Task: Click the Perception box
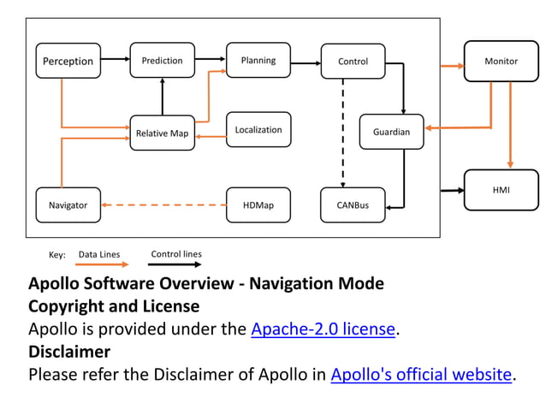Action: click(x=68, y=61)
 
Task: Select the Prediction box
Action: click(x=162, y=60)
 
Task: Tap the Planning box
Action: click(x=258, y=60)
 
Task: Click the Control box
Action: click(x=353, y=61)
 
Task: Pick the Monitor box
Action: click(x=501, y=61)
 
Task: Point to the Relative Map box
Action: click(x=162, y=133)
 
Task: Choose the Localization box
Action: click(x=258, y=130)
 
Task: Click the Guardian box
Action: click(x=391, y=132)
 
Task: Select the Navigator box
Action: click(x=68, y=204)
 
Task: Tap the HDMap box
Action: click(x=258, y=204)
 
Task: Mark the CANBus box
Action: click(x=353, y=204)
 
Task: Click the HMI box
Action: click(x=501, y=189)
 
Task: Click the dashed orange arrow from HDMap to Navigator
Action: click(x=163, y=204)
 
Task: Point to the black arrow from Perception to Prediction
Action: click(x=115, y=61)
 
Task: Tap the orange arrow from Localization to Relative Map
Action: click(x=211, y=134)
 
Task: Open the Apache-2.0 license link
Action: click(x=323, y=329)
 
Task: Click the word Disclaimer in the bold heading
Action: click(x=69, y=352)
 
